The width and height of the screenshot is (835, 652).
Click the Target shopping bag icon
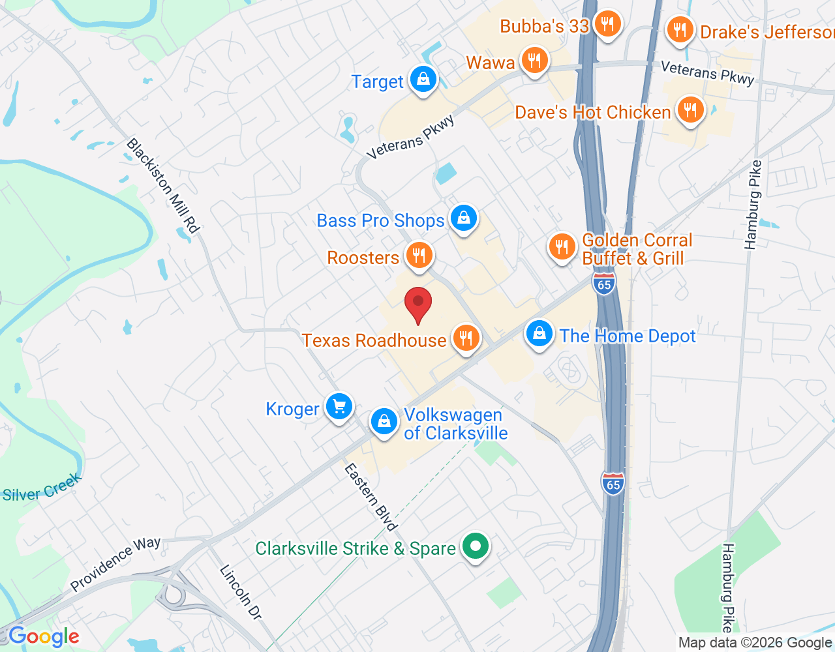[x=423, y=80]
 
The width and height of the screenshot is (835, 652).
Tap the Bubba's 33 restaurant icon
[x=607, y=25]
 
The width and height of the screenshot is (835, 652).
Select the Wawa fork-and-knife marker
[x=534, y=61]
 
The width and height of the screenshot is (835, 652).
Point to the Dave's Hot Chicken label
[x=592, y=112]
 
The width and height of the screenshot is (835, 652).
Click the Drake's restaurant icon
[x=680, y=30]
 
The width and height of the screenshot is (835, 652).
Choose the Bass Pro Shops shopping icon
[x=464, y=218]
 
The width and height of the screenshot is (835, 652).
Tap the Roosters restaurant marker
[x=419, y=255]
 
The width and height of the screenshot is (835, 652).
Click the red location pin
[x=418, y=304]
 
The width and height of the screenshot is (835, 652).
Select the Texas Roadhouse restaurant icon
[x=466, y=338]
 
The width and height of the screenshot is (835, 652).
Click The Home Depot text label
[x=628, y=336]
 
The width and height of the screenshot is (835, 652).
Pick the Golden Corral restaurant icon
[x=561, y=246]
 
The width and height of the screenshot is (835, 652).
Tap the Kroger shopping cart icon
[x=339, y=407]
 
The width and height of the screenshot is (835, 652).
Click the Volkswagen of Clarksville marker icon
[x=384, y=422]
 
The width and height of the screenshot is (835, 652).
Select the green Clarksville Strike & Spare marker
[x=476, y=546]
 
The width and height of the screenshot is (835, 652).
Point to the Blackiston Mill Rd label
[x=162, y=185]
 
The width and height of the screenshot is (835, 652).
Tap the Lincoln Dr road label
[x=240, y=592]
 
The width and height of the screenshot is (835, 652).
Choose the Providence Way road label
[x=115, y=563]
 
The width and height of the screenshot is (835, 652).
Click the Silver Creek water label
[x=42, y=488]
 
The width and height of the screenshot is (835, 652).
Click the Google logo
[x=44, y=636]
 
